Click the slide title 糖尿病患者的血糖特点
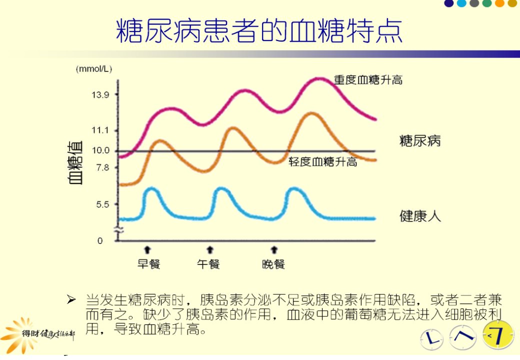(x=259, y=30)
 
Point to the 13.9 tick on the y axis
(x=100, y=95)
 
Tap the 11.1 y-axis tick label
(x=100, y=130)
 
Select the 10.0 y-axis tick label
(x=100, y=150)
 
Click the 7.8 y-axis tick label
(x=102, y=167)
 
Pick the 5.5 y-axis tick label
(x=102, y=204)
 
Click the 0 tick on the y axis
(x=100, y=240)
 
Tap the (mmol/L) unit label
(x=94, y=69)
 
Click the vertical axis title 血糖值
(x=75, y=162)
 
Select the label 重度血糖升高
(x=368, y=80)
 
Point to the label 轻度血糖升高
(x=322, y=162)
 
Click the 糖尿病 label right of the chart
(x=420, y=141)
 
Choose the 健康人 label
(x=420, y=216)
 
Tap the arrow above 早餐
(x=147, y=249)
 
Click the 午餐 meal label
(x=208, y=264)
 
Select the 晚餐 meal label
(x=273, y=264)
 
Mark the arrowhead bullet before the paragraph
(x=71, y=299)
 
